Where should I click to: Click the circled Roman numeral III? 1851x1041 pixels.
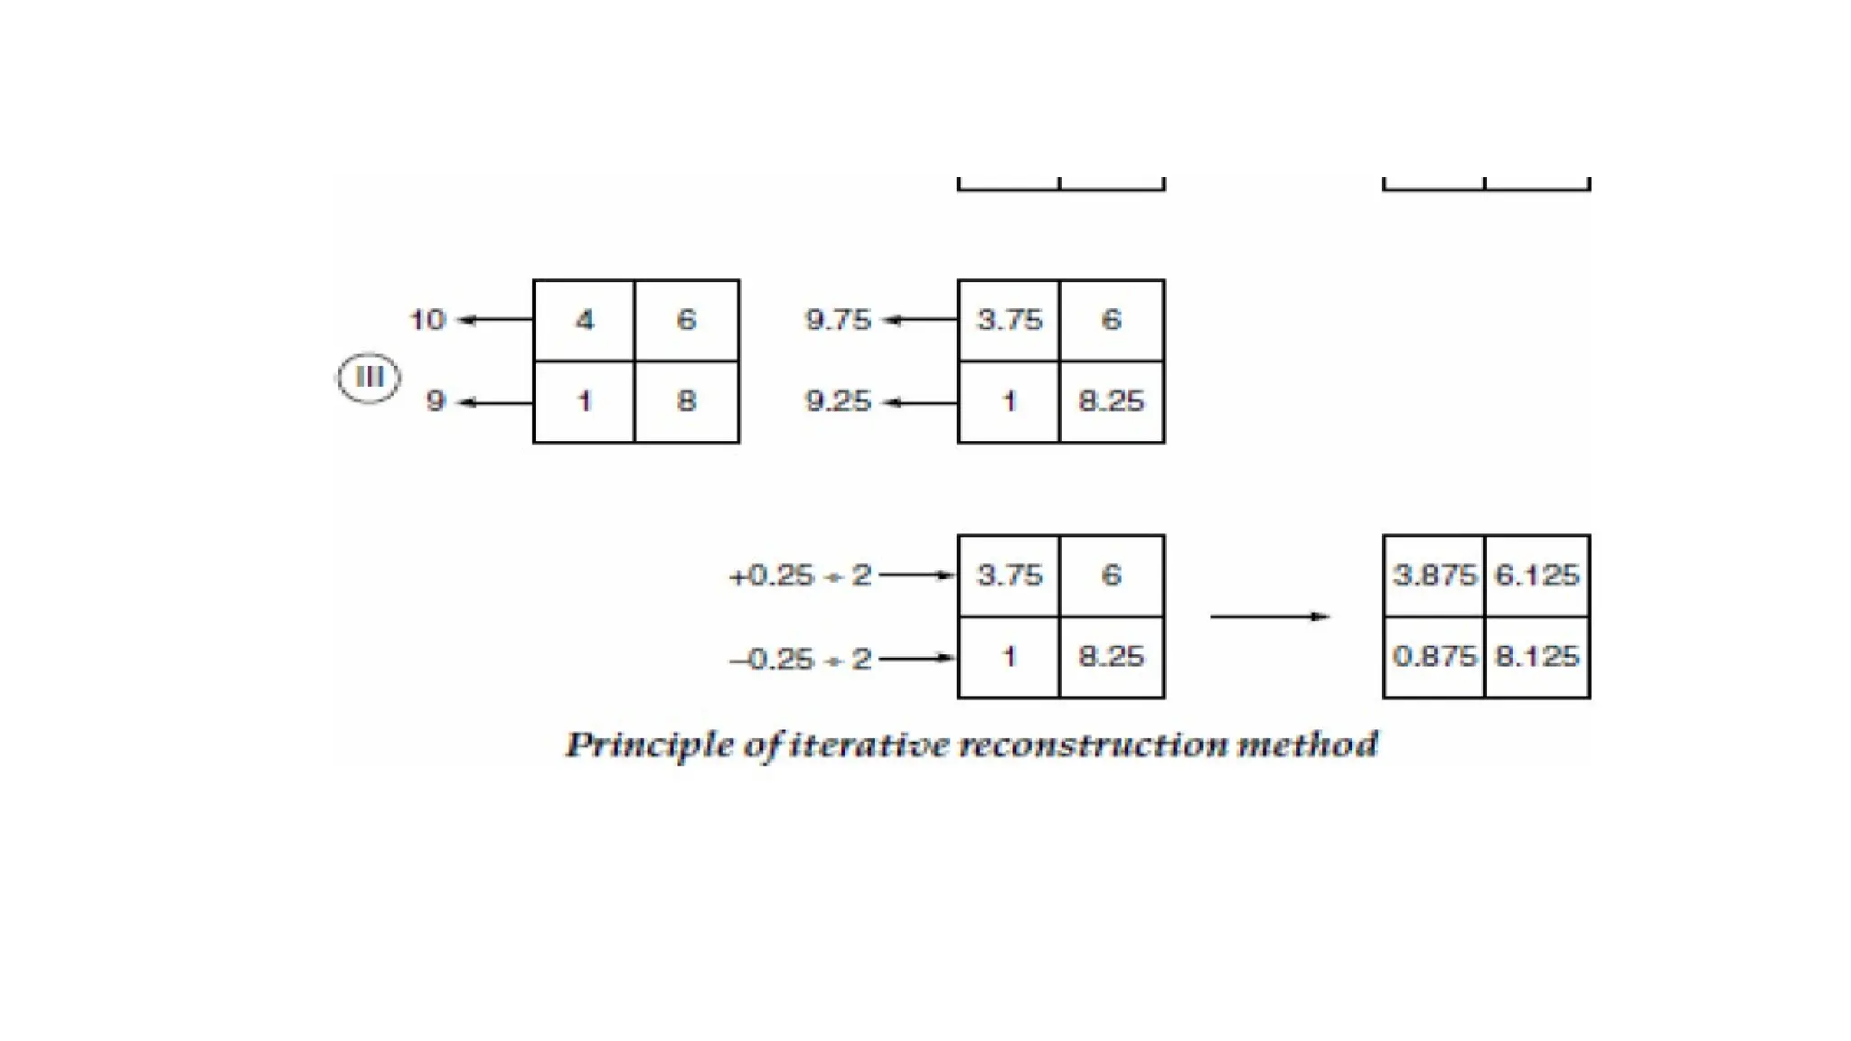tap(369, 377)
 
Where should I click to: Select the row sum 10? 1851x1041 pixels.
tap(428, 319)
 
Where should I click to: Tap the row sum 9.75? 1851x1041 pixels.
tap(838, 319)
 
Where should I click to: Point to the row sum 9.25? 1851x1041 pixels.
tap(838, 401)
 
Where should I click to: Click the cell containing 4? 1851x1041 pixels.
tap(585, 320)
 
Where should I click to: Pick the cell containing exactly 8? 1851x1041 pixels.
tap(687, 401)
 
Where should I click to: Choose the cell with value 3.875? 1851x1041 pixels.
tap(1434, 575)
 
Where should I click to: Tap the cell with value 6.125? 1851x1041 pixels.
tap(1536, 575)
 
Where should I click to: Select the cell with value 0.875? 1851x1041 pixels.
tap(1434, 656)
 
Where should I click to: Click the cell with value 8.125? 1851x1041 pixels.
tap(1536, 656)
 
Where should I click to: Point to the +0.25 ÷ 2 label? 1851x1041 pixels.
tap(800, 576)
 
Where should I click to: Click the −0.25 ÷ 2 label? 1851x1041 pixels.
tap(800, 659)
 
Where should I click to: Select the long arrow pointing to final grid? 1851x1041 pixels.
tap(1270, 616)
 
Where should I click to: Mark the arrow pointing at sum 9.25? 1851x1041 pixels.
tap(919, 402)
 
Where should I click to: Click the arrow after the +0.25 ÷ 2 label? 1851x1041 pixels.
tap(917, 575)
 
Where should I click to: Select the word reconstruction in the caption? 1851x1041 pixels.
tap(1094, 746)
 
